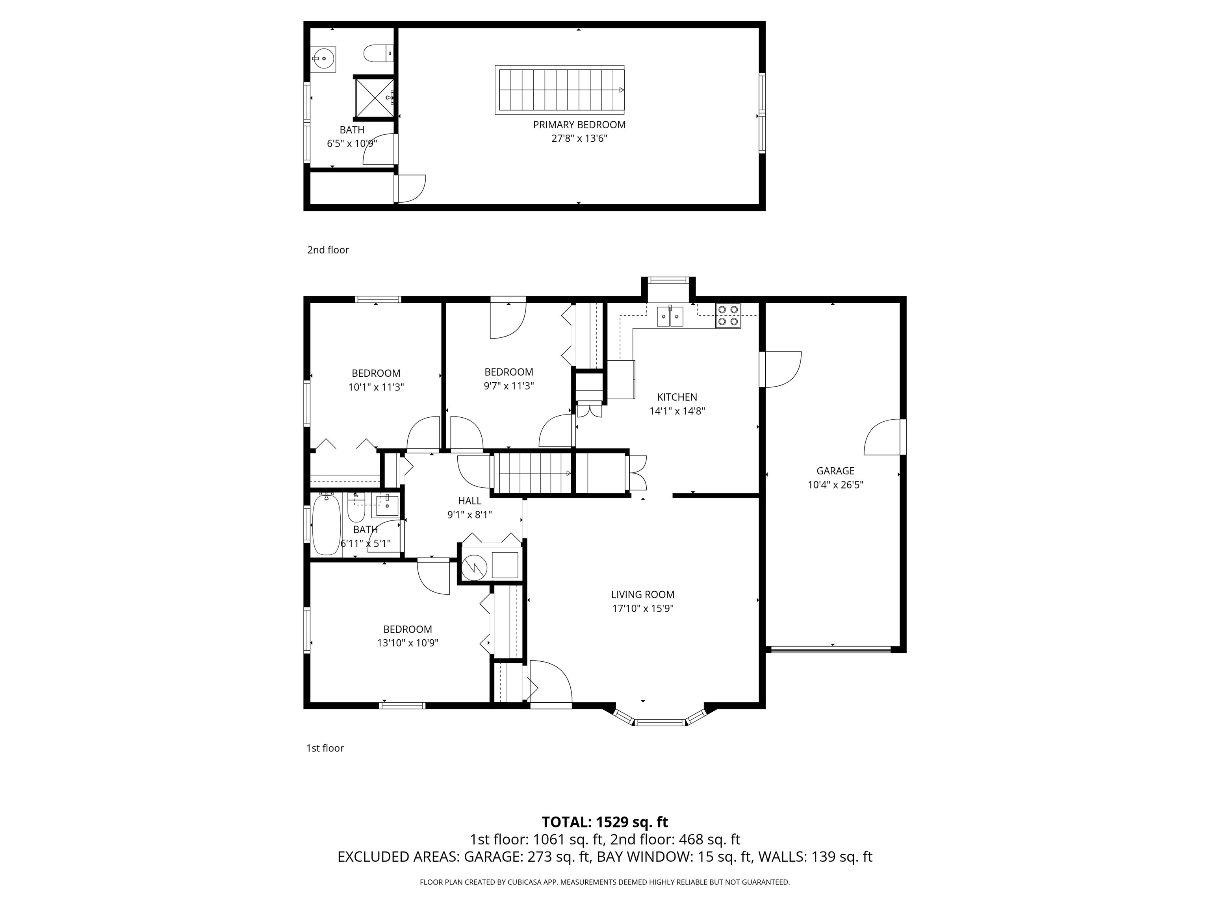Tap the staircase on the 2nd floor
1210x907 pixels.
pos(559,90)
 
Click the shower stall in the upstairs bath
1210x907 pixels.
pos(374,98)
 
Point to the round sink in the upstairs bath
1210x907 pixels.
pos(324,57)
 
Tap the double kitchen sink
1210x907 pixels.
pos(670,316)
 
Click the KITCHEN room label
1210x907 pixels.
pos(677,397)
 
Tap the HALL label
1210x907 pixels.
pos(470,501)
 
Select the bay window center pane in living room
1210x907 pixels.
pos(661,723)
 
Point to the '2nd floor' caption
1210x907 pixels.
pos(328,250)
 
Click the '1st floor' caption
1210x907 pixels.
pos(325,748)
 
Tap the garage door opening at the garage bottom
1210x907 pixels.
pos(831,650)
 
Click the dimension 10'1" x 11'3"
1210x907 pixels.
pos(376,387)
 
